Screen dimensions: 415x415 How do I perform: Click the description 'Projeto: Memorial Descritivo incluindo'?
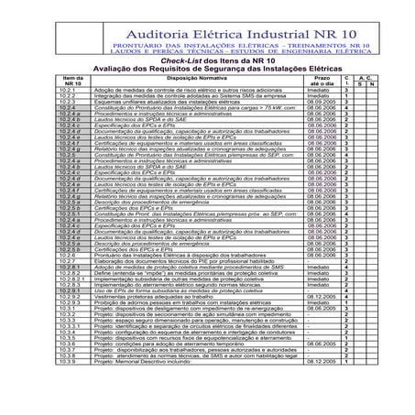coord(146,411)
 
